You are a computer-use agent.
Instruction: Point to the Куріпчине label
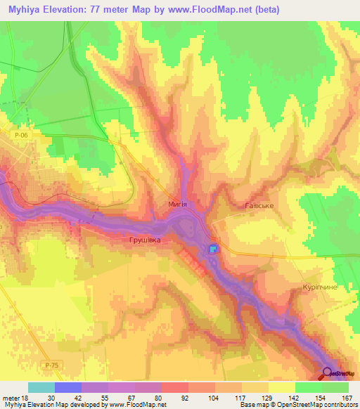(321, 287)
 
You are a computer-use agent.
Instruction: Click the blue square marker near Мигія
(213, 249)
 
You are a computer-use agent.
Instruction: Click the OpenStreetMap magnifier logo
(328, 374)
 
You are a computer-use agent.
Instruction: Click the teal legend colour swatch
(41, 387)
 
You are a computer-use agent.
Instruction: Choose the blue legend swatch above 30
(67, 387)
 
